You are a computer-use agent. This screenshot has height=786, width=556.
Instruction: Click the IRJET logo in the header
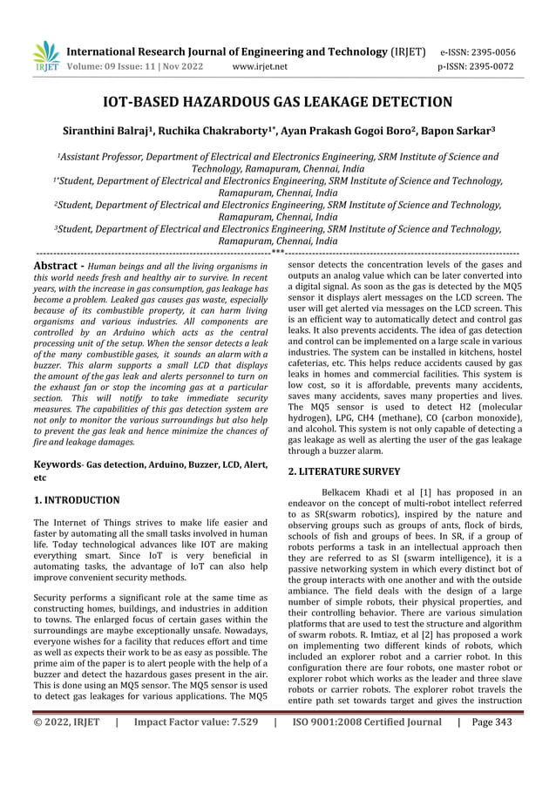45,57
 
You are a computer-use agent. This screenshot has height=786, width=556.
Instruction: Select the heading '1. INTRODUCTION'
77,500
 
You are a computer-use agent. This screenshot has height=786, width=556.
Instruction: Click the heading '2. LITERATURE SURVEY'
344,471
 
